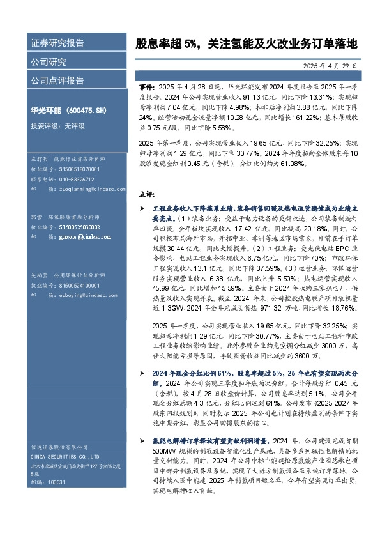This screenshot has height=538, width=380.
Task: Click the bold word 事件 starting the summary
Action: [146, 85]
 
